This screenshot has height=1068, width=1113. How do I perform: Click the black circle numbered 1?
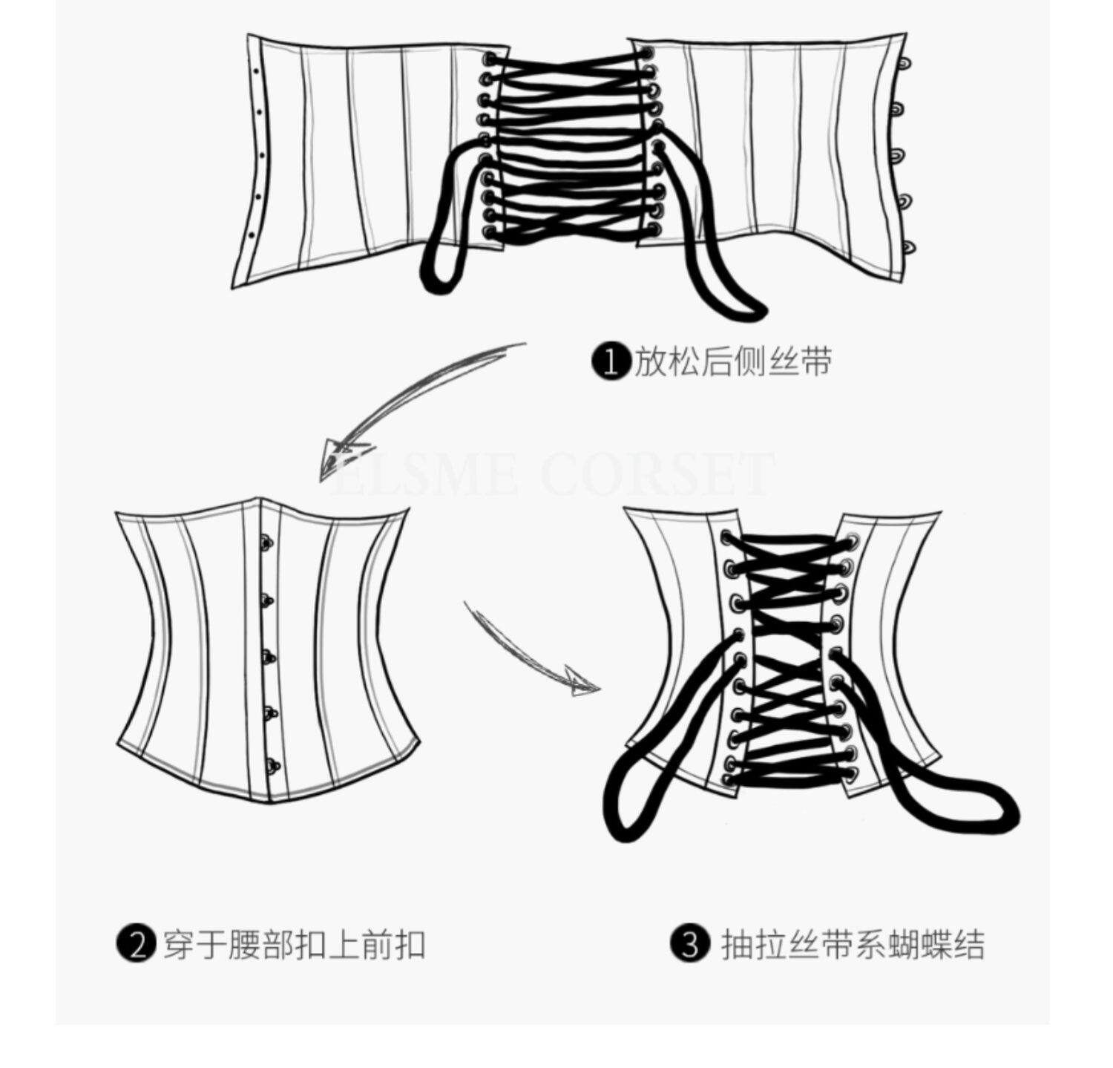click(610, 361)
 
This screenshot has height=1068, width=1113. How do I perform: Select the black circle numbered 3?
click(691, 945)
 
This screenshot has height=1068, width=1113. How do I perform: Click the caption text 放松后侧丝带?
click(732, 361)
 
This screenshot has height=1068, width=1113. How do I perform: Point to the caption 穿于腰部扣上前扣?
click(294, 945)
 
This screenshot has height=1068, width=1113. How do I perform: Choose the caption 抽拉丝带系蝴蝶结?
click(853, 945)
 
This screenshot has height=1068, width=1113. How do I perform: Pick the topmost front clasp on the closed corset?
click(266, 544)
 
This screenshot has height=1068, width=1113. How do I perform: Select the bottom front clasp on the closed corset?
click(272, 764)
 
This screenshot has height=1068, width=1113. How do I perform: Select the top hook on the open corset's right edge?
click(904, 65)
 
